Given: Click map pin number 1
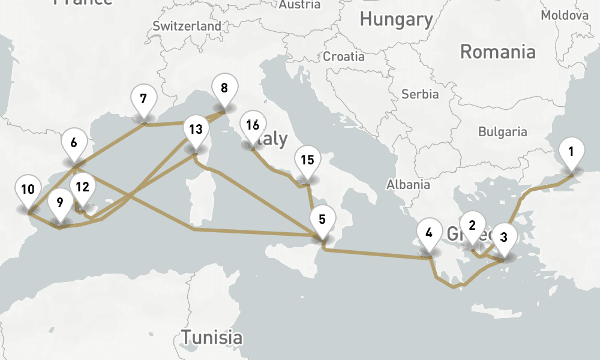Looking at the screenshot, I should tap(571, 152).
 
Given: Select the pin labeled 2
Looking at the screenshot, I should tap(472, 226).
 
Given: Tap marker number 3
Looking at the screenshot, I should tap(503, 238).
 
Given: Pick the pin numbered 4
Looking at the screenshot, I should tap(428, 233).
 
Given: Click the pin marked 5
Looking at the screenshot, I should tap(322, 220).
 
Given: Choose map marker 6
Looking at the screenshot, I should tap(74, 143).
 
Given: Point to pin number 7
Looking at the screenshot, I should tap(143, 100).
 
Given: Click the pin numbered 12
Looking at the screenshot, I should tap(82, 187).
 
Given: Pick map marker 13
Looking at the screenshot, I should tap(195, 130).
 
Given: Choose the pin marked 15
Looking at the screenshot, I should tap(307, 161).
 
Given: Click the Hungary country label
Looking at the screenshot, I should tap(396, 19).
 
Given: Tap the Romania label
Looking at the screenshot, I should tap(497, 52).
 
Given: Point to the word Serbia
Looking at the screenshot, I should tap(420, 94).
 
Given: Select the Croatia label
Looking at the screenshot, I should tap(344, 56).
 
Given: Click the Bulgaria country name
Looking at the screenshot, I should tap(503, 131).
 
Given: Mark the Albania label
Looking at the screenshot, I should tap(408, 184).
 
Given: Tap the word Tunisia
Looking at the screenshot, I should tap(212, 337).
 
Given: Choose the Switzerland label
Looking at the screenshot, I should tap(187, 26).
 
